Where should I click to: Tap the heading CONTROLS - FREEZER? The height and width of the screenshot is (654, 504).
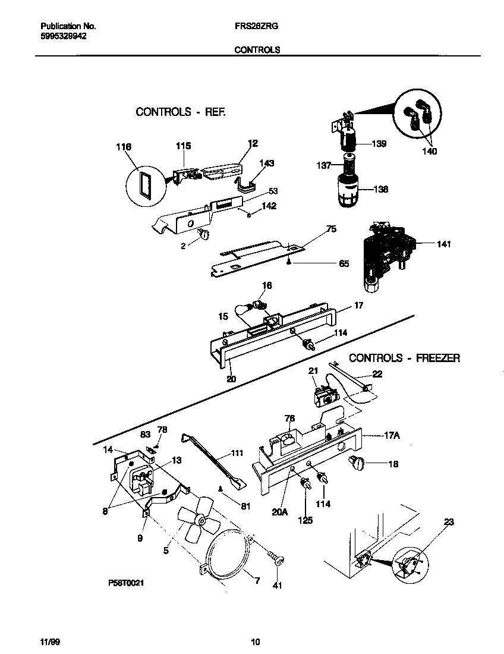point(404,358)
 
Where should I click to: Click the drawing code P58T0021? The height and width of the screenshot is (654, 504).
point(126,584)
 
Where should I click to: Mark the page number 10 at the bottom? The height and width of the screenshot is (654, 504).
point(255,642)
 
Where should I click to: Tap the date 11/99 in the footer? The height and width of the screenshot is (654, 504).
point(50,642)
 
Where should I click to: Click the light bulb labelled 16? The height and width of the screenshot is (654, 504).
point(259,306)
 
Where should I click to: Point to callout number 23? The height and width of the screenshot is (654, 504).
point(449,522)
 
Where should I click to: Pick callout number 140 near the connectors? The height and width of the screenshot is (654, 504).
point(429,152)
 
